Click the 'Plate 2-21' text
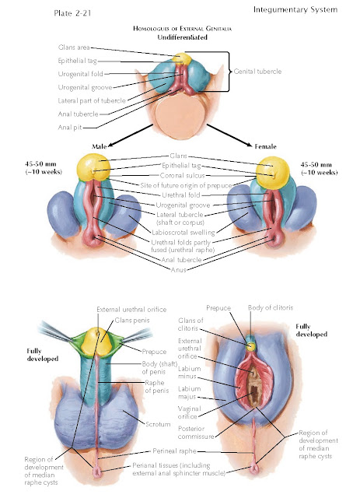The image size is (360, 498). coord(72,13)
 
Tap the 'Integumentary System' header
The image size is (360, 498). coord(295,10)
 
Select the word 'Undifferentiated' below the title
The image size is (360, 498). coord(182,37)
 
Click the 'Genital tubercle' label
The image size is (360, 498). coord(257,72)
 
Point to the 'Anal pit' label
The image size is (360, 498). coord(70,128)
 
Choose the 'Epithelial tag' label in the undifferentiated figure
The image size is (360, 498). coord(77,61)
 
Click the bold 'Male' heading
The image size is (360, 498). coord(99,146)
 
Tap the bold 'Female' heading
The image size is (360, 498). coord(265,146)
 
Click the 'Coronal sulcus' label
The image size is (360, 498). coord(182,175)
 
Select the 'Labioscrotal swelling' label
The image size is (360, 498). coord(183,232)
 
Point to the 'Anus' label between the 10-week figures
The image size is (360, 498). coord(178,270)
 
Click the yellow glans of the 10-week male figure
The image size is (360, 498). coord(93,167)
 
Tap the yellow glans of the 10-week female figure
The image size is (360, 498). coord(273,172)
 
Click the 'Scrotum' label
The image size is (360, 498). coord(158,424)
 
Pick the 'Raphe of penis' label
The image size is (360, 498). coord(156,387)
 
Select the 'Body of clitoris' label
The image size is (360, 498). coord(271,307)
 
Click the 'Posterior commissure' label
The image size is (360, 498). coord(196,433)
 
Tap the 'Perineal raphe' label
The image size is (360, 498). coord(174,451)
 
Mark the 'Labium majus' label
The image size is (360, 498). coord(189,393)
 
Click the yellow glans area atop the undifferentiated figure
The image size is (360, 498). coord(182,59)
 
